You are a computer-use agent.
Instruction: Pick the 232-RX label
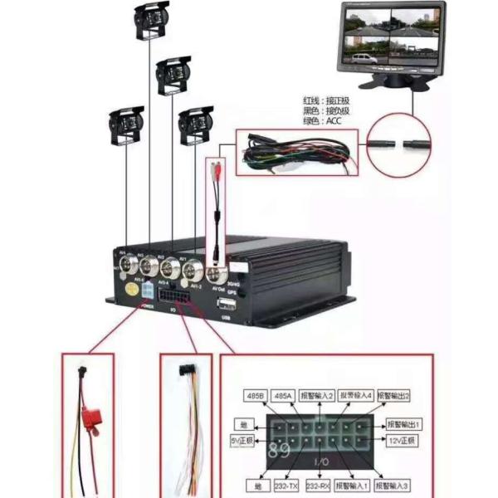[x=319, y=484]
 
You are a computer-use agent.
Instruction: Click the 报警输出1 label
[x=403, y=423]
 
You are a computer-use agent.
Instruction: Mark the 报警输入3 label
[x=393, y=484]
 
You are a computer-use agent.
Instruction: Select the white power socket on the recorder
[x=147, y=292]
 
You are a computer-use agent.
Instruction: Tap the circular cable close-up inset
[x=400, y=143]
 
